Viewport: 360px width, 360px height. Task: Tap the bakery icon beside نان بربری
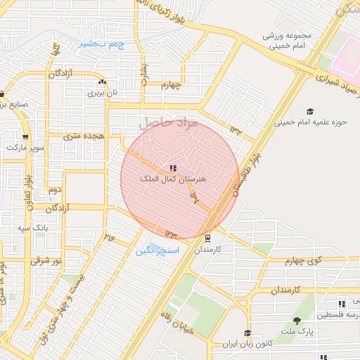click(103, 82)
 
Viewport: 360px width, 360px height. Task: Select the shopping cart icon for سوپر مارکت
click(25, 138)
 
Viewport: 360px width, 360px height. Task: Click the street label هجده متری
click(84, 134)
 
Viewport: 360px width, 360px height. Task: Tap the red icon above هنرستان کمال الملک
click(172, 168)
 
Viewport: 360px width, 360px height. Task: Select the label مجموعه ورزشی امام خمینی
click(283, 41)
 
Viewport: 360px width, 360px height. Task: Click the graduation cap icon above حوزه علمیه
click(310, 112)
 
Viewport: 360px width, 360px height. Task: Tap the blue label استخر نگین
click(157, 250)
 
